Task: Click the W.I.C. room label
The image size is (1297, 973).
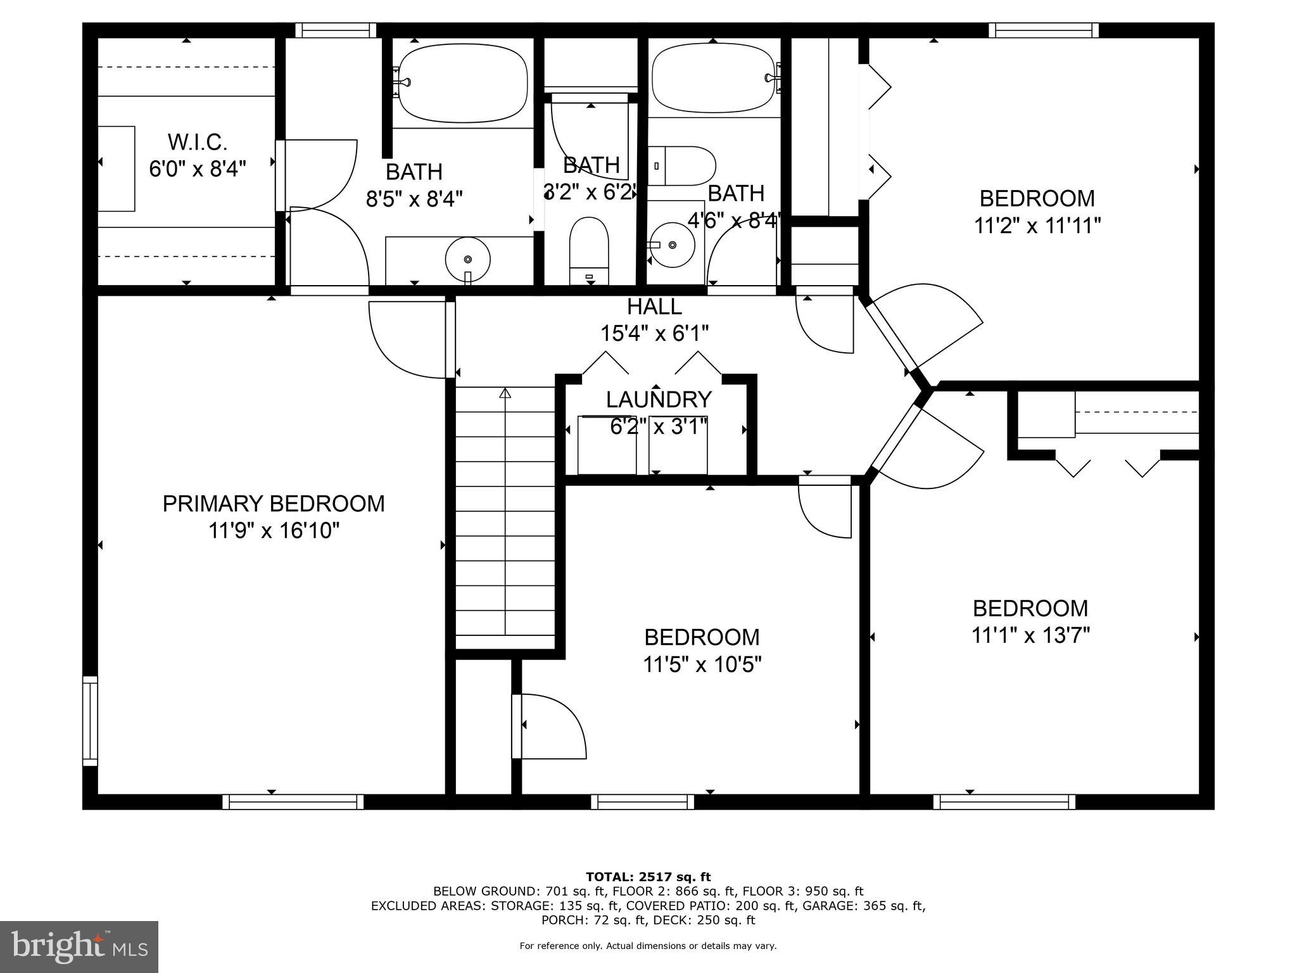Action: (x=197, y=141)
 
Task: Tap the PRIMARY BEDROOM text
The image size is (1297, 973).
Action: (x=274, y=504)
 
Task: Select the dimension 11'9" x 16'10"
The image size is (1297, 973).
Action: (x=274, y=531)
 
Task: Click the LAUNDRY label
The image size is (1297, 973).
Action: (x=659, y=400)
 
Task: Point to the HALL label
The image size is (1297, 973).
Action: (x=654, y=307)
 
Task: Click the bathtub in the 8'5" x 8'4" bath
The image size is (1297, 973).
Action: (x=463, y=82)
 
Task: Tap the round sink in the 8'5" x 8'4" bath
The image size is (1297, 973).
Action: (x=467, y=259)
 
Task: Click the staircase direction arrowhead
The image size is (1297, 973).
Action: (x=505, y=393)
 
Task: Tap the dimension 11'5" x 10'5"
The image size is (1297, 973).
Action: (x=702, y=665)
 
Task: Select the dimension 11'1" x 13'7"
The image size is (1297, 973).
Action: (x=1030, y=635)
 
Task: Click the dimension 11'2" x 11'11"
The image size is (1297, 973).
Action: (x=1037, y=226)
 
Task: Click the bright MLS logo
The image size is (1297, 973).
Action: (x=79, y=947)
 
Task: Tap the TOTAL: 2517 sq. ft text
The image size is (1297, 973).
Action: (x=648, y=877)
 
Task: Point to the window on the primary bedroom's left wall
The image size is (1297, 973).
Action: (x=91, y=721)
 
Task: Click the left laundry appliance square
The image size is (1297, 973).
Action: (x=607, y=445)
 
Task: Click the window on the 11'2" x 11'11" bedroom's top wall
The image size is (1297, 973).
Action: (x=1043, y=30)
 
